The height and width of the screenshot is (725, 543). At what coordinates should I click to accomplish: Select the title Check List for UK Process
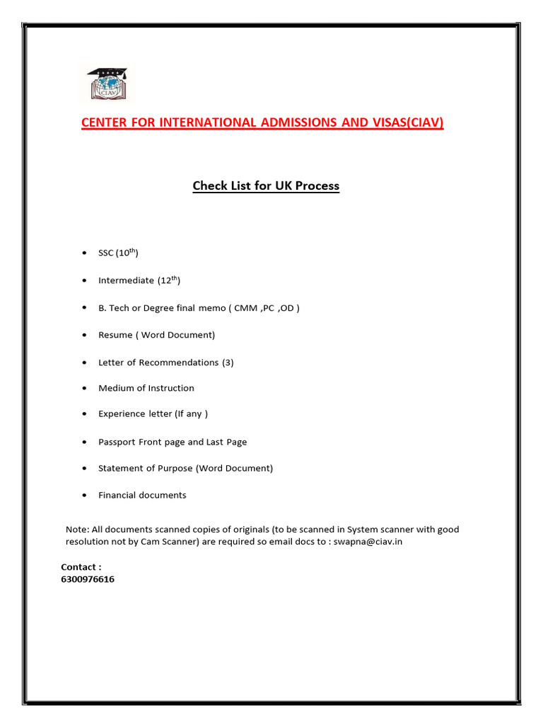pyautogui.click(x=266, y=186)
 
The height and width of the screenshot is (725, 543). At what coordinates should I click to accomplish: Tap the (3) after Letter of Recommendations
pyautogui.click(x=228, y=362)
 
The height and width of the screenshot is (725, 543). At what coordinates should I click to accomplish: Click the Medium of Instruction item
pyautogui.click(x=146, y=388)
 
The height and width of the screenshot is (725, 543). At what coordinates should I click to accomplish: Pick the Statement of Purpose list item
pyautogui.click(x=185, y=468)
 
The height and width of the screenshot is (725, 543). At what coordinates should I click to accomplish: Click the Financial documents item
pyautogui.click(x=142, y=495)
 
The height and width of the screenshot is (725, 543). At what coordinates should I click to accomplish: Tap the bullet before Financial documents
pyautogui.click(x=84, y=496)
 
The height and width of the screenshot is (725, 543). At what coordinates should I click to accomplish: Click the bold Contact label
pyautogui.click(x=81, y=566)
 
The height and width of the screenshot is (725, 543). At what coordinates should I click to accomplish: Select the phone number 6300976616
pyautogui.click(x=88, y=579)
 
